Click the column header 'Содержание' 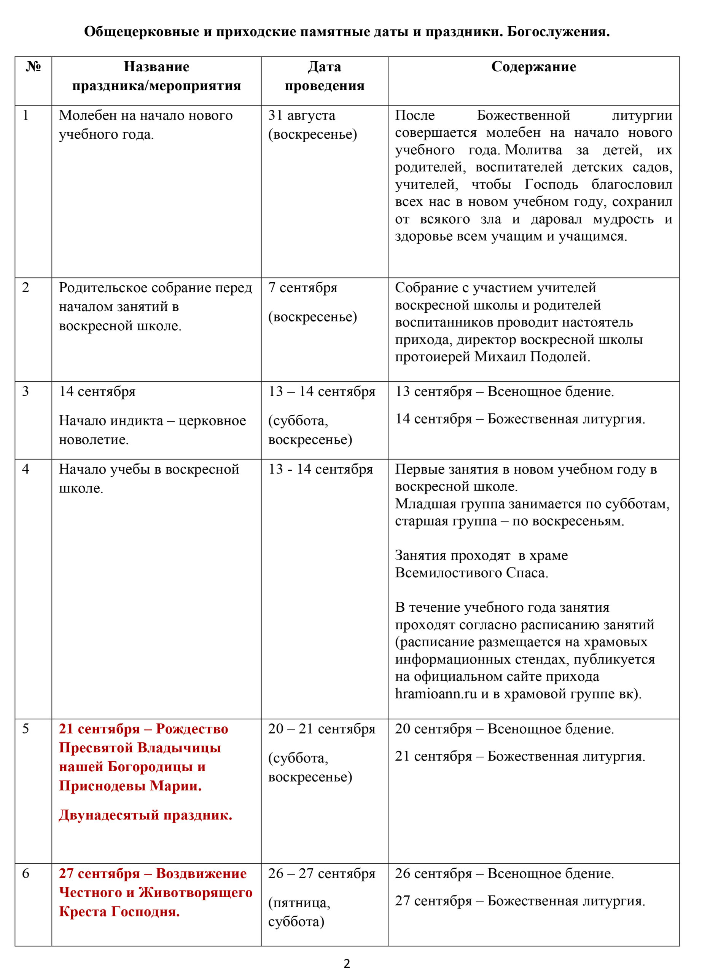(x=533, y=67)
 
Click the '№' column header (x=33, y=67)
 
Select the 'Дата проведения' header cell (x=325, y=76)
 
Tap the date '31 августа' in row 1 (x=301, y=115)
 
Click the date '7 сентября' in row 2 (x=302, y=287)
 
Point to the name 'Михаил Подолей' (x=531, y=356)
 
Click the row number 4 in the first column (x=26, y=469)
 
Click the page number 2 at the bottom (x=347, y=964)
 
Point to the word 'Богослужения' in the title (x=558, y=31)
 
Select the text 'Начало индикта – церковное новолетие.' (x=152, y=430)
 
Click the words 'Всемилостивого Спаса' (x=471, y=573)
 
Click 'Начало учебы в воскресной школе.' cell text (x=149, y=478)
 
